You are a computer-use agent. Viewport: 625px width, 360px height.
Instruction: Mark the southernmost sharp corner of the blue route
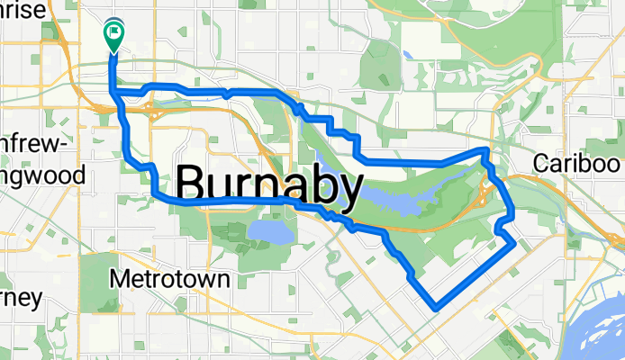pos(435,307)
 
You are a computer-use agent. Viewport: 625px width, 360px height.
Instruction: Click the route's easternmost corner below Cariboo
pos(513,242)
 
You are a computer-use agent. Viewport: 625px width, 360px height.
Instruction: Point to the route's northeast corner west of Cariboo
pos(487,149)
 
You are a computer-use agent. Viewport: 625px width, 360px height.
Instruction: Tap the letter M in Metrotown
pos(119,279)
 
